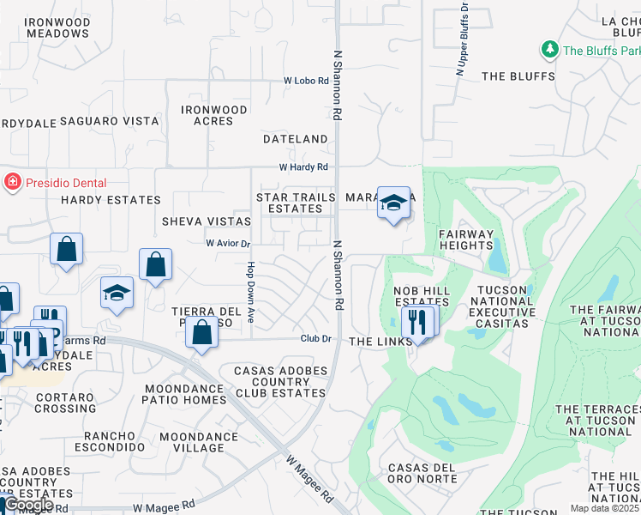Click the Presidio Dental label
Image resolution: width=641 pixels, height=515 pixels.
point(65,183)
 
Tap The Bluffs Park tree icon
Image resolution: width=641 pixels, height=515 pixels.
point(549,51)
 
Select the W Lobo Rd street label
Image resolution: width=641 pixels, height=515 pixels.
point(307,81)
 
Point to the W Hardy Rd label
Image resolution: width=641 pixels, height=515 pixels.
point(303,167)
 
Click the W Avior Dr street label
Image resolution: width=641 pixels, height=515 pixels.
point(228,244)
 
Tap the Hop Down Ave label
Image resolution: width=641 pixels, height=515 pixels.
point(251,293)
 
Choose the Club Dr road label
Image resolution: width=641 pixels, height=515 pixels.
point(315,339)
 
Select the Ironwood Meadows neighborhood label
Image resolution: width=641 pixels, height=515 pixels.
point(57,27)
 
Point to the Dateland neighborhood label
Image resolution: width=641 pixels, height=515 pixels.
point(296,138)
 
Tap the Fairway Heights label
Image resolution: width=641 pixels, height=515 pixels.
point(466,239)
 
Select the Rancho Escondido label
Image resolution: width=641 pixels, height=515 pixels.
point(109,441)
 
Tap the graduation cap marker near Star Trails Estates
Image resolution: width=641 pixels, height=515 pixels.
point(393,203)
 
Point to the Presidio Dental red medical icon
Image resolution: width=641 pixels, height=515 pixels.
point(12,182)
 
